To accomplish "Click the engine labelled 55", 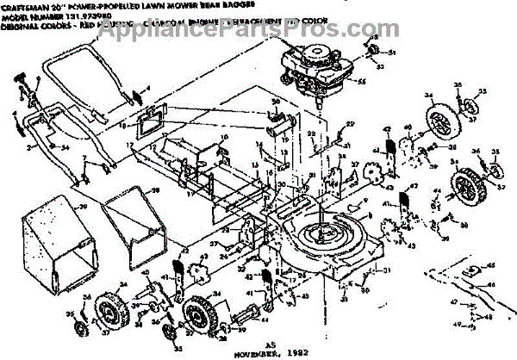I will [x=309, y=69].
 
